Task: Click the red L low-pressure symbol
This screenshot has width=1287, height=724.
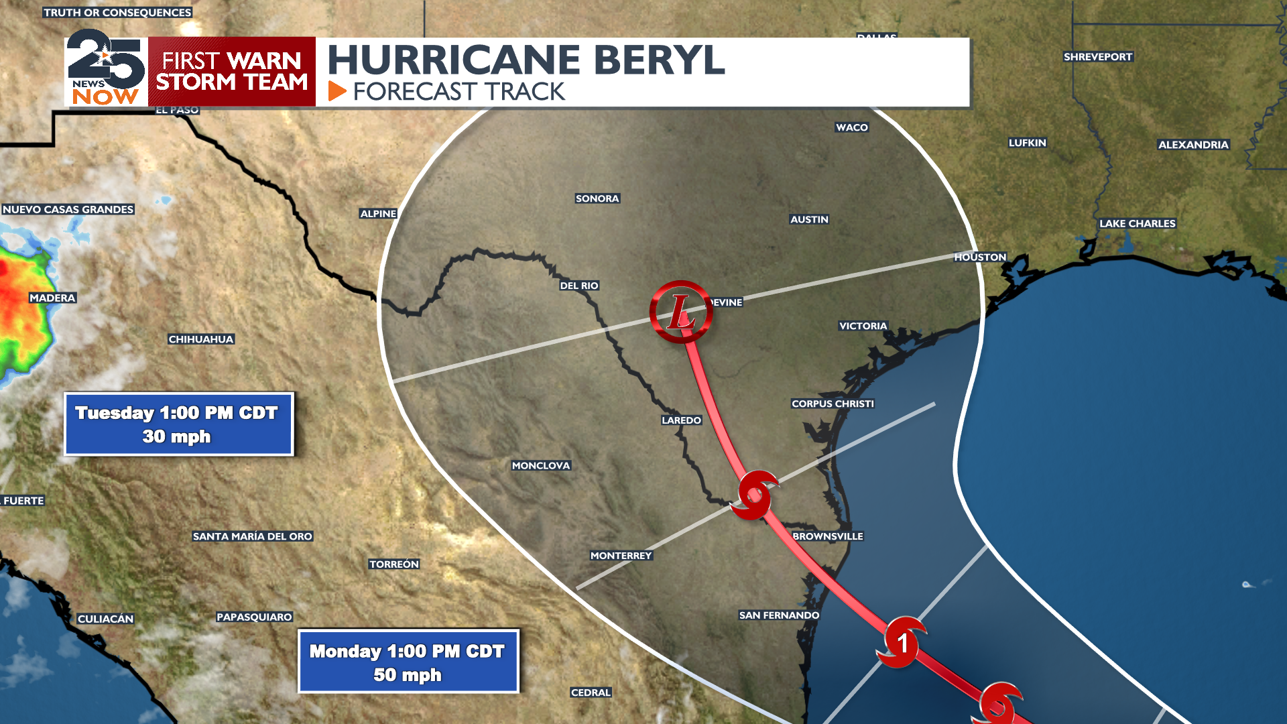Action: (x=680, y=312)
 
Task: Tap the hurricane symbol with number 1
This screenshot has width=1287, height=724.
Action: (x=902, y=642)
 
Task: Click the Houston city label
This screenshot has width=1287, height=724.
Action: (x=980, y=257)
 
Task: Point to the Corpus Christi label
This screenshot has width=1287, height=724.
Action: (x=833, y=404)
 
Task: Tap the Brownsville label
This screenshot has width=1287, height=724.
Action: (x=828, y=536)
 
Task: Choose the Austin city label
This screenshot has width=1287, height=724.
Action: (x=809, y=219)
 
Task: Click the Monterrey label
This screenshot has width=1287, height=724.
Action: (x=621, y=556)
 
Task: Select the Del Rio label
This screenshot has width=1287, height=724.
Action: (x=579, y=286)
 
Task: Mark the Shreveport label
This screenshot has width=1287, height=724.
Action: (x=1098, y=57)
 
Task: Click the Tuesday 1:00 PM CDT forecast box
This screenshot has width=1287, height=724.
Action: (x=178, y=424)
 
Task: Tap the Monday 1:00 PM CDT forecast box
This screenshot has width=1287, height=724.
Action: (x=408, y=662)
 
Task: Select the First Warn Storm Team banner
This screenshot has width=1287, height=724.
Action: (x=232, y=72)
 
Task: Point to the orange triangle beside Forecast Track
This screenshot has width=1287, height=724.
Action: (x=336, y=91)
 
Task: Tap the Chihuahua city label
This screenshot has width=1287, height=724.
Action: (x=201, y=339)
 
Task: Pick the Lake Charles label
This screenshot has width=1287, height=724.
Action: (x=1137, y=223)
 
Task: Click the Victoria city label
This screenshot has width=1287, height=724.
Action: (x=863, y=326)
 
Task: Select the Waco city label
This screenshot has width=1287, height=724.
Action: (x=852, y=127)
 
